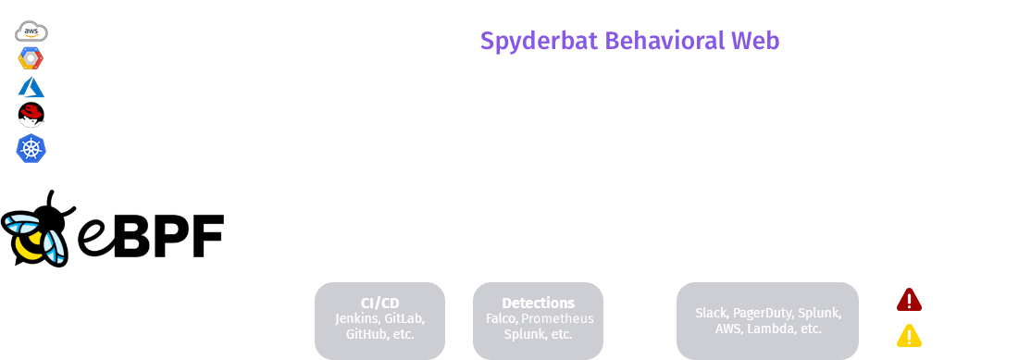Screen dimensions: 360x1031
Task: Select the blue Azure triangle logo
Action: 31,88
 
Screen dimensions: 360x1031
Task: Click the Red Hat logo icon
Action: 31,117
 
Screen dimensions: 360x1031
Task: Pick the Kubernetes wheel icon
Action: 31,146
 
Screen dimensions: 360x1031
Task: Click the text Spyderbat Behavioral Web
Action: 629,42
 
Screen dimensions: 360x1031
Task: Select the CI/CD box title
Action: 379,303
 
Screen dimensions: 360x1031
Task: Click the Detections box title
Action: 538,303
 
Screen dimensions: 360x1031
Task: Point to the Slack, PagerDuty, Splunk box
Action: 768,320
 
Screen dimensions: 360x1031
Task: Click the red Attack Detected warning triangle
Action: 909,300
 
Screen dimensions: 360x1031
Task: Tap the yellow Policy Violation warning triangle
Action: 909,336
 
